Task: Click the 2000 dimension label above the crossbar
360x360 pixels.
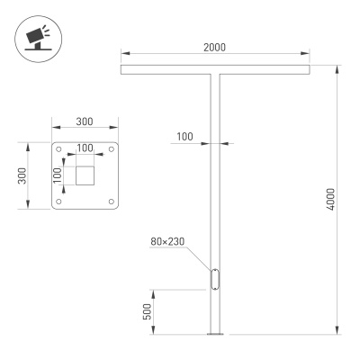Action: pos(213,47)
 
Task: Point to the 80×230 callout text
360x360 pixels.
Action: pos(168,240)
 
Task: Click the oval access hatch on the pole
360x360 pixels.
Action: pos(216,279)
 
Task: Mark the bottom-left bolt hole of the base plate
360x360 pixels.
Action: pos(59,202)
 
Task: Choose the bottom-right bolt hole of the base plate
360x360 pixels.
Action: pos(112,202)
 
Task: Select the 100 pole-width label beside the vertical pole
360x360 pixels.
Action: pos(184,136)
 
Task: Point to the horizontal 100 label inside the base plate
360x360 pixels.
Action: pos(85,147)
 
